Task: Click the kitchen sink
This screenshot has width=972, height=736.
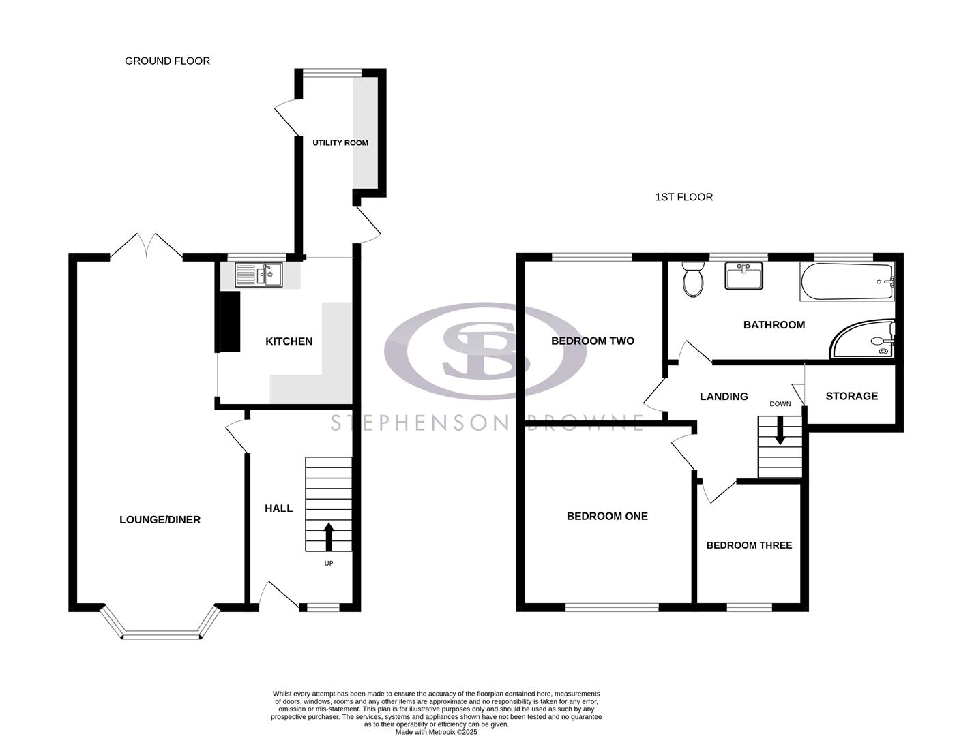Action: (259, 275)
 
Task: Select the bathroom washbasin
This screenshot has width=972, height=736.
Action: (743, 277)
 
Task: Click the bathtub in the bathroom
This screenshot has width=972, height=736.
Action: (846, 282)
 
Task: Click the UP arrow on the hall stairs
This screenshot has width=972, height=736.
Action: (329, 536)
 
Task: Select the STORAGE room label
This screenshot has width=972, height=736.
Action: (851, 396)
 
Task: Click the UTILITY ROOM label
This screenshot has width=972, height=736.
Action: (340, 143)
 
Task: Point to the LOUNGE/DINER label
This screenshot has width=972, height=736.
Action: (160, 520)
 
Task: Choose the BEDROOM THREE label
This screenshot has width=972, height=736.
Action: (749, 545)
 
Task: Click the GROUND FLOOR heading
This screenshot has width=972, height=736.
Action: (167, 61)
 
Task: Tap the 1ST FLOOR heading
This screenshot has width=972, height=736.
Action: (683, 197)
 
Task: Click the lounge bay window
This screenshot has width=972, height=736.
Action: (162, 637)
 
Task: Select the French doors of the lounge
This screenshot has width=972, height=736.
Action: (146, 246)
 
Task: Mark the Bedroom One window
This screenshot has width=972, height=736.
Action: (612, 607)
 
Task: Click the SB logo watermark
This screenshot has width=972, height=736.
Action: (485, 350)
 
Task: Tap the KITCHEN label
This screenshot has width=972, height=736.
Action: (289, 341)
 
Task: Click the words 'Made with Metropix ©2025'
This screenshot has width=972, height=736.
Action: (436, 732)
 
